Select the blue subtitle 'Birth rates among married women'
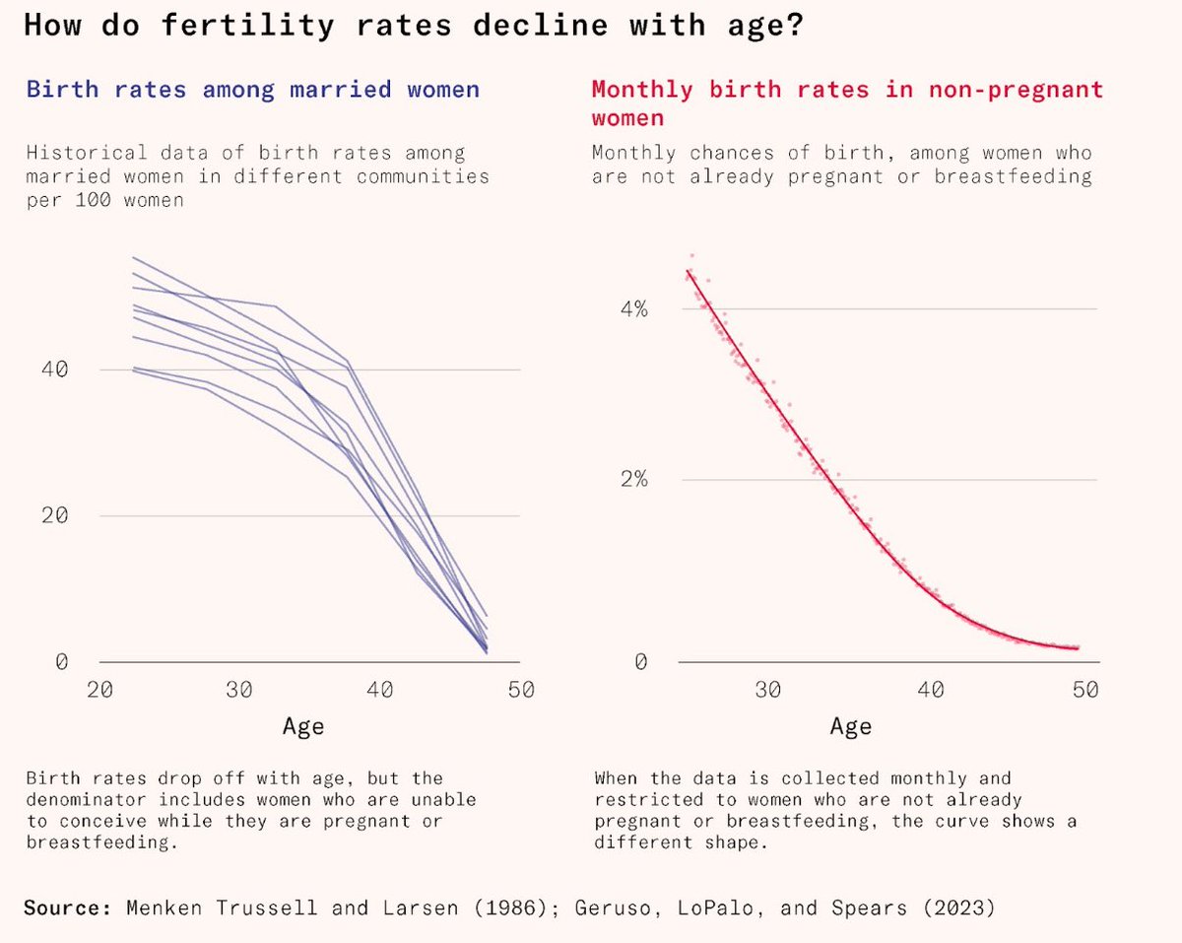point(252,91)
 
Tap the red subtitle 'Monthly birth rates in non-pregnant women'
point(847,103)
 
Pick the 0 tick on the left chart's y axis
point(61,661)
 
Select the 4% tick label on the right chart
point(633,309)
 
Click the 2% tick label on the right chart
point(633,480)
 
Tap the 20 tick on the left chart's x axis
point(99,691)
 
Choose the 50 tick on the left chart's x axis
point(520,691)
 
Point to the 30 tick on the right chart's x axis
point(768,691)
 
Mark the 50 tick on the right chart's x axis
point(1085,691)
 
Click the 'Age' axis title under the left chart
point(303,727)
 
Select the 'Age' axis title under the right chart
point(851,727)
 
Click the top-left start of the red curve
point(687,271)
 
